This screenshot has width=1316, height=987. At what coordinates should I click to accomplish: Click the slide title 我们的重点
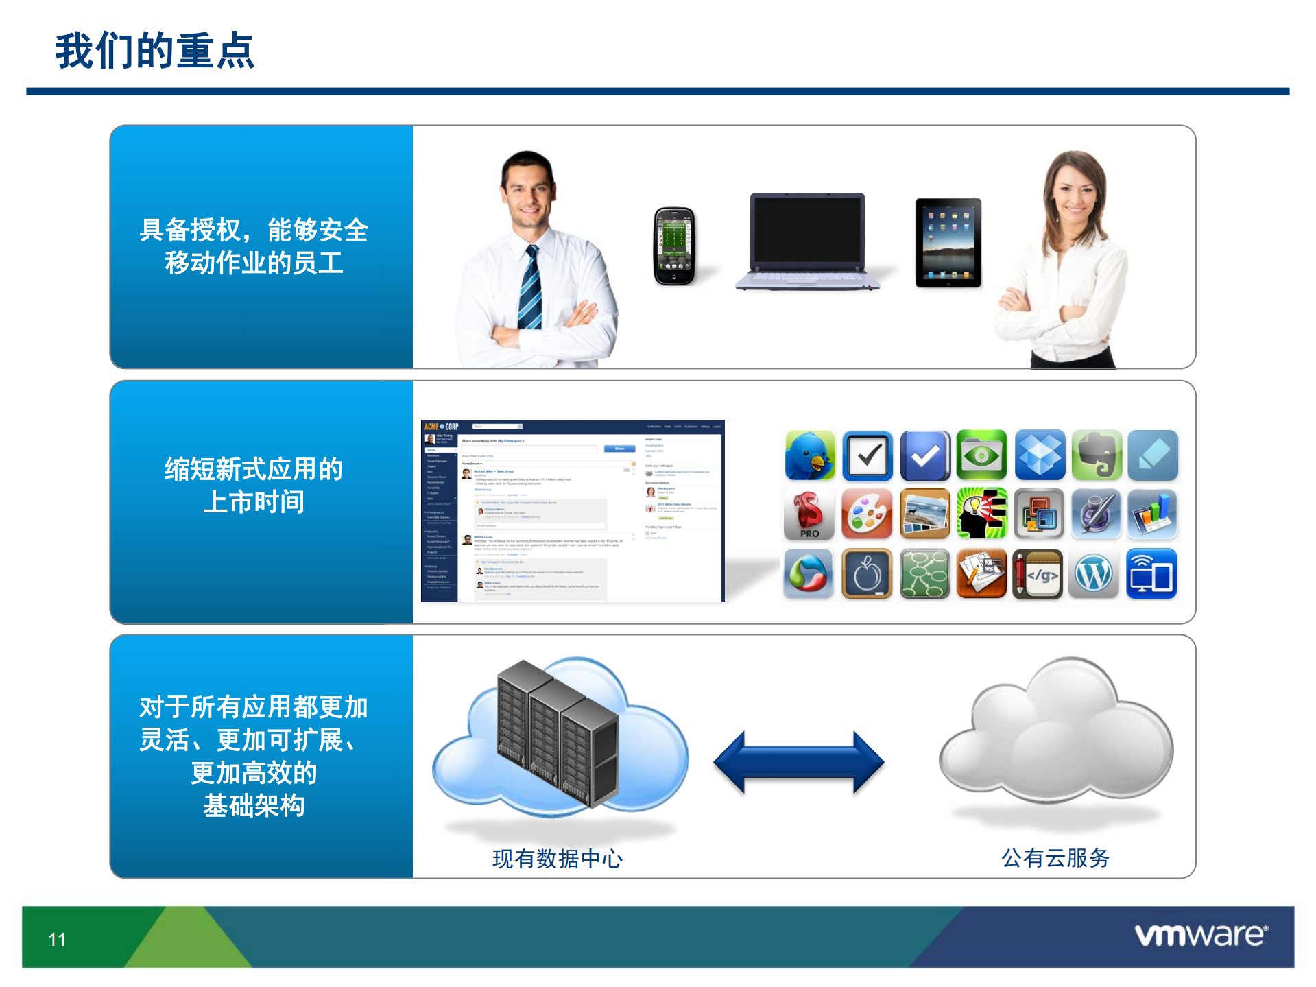(154, 51)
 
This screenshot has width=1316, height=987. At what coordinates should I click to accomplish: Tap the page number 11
(57, 939)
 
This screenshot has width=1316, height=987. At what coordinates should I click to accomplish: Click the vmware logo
(1200, 935)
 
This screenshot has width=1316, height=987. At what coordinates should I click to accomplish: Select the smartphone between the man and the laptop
(673, 246)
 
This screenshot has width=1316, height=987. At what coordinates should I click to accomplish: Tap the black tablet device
(948, 242)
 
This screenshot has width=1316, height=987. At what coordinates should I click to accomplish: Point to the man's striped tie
(530, 288)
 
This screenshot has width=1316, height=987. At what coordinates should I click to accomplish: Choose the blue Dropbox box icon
(1039, 455)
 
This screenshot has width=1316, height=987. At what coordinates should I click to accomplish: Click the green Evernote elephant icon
(1096, 455)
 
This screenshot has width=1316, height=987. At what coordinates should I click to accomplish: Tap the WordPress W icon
(1094, 574)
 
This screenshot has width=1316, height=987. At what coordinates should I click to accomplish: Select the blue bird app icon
(810, 455)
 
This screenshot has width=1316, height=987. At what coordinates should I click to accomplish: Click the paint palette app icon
(867, 514)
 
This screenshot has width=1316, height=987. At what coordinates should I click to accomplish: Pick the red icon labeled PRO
(809, 514)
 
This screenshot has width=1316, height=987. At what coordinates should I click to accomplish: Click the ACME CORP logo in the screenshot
(441, 427)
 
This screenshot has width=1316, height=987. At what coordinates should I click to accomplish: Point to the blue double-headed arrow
(798, 761)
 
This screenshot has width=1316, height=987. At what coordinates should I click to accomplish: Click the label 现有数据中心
(557, 858)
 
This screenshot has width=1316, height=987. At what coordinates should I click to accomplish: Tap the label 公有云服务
(1055, 857)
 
